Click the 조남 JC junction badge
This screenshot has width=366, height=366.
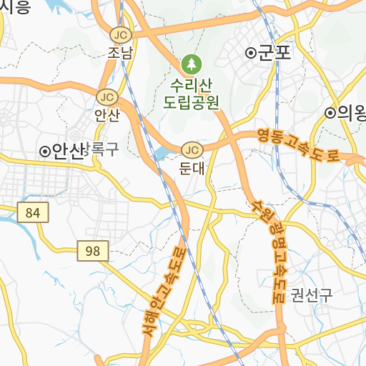click(120, 34)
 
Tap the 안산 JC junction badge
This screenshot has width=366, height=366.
click(107, 97)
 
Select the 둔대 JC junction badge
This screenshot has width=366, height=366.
click(192, 150)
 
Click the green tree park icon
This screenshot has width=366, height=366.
click(191, 64)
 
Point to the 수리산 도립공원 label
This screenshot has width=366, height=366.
click(191, 91)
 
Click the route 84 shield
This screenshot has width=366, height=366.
click(32, 212)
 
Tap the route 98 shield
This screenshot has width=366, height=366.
click(93, 251)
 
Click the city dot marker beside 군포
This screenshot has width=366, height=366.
click(250, 53)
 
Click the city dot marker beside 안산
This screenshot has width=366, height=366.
click(44, 151)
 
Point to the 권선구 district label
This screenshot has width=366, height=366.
click(312, 295)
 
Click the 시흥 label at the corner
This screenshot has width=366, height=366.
click(14, 7)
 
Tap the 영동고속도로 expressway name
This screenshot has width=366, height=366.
click(298, 145)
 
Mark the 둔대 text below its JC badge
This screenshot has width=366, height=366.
click(192, 169)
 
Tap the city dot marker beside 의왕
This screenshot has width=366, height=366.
click(330, 112)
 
